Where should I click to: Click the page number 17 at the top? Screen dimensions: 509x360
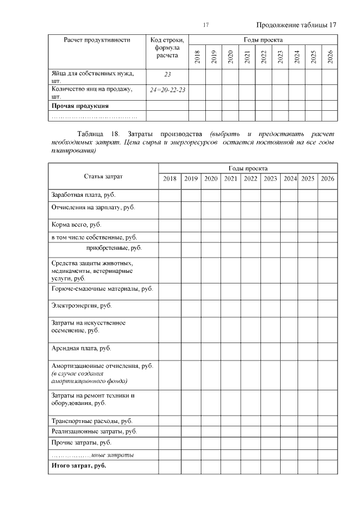pos(206,25)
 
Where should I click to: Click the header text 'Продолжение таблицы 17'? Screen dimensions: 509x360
pos(296,25)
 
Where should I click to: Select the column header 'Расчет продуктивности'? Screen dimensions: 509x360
pos(97,40)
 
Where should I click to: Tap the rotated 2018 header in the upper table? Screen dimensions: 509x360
pos(197,57)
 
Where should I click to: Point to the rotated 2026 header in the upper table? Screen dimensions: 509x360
pos(330,57)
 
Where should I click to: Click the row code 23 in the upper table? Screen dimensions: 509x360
pos(167,74)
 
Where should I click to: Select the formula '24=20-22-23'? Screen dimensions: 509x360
pos(167,89)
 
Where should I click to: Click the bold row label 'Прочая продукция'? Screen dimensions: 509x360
pos(80,105)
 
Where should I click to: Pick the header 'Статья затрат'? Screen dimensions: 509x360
pos(103,177)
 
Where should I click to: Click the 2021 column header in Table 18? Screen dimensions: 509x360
pos(230,179)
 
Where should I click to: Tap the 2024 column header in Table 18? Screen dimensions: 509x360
pos(290,179)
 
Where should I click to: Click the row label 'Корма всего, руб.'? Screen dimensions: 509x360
pos(76,224)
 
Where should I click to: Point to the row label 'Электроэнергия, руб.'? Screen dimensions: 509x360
pos(81,305)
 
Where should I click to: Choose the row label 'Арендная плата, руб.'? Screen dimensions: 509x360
pos(81,348)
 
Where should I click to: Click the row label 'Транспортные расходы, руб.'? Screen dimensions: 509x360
pos(92,420)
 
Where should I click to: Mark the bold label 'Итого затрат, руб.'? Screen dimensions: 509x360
pos(79,466)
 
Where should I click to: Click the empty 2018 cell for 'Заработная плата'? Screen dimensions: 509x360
pos(169,195)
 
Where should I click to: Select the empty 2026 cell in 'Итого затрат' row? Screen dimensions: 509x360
pos(327,466)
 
